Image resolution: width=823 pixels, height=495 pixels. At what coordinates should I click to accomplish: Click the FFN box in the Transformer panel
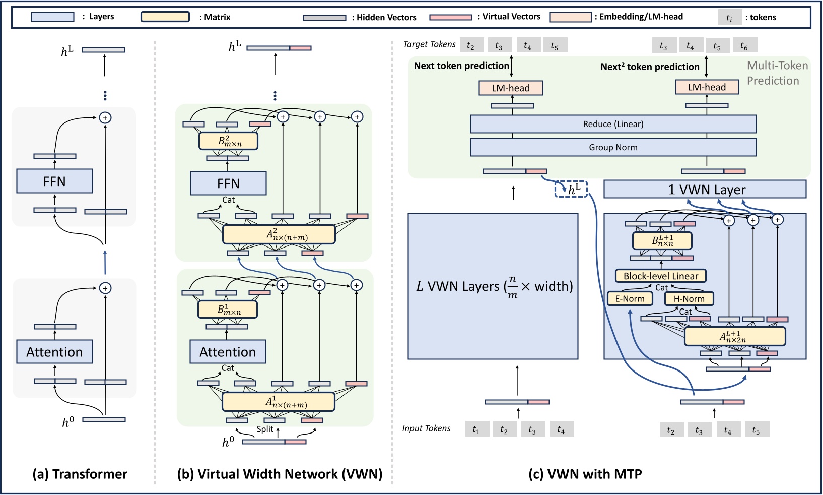(54, 181)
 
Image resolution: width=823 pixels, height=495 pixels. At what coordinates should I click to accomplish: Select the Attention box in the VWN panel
(228, 352)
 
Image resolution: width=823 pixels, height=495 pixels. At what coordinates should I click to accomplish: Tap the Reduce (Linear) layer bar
(613, 124)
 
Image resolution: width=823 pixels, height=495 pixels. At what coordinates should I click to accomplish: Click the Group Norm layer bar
(613, 147)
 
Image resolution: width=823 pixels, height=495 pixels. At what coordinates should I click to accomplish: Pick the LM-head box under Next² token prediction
(707, 87)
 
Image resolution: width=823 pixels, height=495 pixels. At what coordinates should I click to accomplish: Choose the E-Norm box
(630, 299)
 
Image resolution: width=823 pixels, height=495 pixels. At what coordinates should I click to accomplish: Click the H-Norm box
(689, 299)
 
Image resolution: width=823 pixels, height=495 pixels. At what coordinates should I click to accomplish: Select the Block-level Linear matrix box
(661, 276)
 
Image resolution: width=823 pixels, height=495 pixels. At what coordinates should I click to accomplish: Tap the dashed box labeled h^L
(571, 190)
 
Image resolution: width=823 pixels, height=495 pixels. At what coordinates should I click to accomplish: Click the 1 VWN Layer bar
(705, 190)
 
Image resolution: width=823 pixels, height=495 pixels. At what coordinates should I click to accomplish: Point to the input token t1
(476, 429)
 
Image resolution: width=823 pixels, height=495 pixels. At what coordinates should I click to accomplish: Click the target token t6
(744, 46)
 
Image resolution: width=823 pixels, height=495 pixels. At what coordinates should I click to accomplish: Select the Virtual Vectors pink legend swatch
(451, 17)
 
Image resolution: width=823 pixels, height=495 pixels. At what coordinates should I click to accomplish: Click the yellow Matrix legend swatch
(165, 17)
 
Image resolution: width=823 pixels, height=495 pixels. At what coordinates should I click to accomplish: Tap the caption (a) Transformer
(80, 474)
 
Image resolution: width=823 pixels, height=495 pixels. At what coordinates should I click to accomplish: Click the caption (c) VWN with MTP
(585, 474)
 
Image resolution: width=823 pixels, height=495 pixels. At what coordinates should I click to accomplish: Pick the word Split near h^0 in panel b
(265, 429)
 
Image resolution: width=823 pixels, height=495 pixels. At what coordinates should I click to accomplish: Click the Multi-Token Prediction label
(777, 73)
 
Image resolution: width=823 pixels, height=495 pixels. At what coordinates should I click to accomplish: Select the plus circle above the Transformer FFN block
(105, 117)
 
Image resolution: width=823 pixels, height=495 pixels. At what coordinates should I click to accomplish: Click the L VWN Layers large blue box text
(494, 287)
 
